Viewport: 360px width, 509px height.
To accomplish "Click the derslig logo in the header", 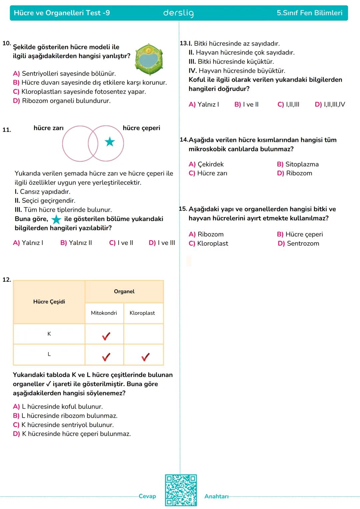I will click(x=178, y=13).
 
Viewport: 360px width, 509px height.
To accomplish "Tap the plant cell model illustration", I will click(x=149, y=59).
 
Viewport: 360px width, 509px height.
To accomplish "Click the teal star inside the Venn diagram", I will click(x=110, y=142).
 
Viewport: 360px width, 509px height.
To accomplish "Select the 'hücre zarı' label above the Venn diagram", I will click(x=48, y=128).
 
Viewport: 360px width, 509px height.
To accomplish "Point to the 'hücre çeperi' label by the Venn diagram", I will click(x=141, y=128).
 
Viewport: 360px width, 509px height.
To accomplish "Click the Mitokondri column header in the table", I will click(x=104, y=313).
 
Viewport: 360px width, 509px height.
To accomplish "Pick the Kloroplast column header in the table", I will click(x=142, y=313).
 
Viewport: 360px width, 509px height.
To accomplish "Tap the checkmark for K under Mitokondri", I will click(x=106, y=336).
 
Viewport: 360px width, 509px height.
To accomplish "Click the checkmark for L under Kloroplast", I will click(x=145, y=357).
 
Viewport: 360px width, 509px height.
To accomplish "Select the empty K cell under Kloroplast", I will click(x=144, y=334).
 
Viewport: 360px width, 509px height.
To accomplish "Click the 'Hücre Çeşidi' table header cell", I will click(x=49, y=302).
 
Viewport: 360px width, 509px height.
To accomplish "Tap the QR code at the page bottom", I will click(x=181, y=490).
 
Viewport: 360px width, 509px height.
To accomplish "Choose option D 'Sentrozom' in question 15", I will click(x=298, y=244).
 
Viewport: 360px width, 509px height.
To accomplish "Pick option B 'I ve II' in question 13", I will click(x=246, y=105).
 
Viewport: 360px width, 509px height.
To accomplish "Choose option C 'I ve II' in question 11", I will click(x=121, y=243).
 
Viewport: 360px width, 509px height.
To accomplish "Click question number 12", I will click(x=7, y=280).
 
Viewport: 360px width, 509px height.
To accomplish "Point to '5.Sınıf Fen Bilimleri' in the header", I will click(x=309, y=13).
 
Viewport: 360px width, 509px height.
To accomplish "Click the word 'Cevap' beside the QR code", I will click(x=147, y=496).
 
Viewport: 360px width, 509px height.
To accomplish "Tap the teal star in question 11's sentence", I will click(x=56, y=220).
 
